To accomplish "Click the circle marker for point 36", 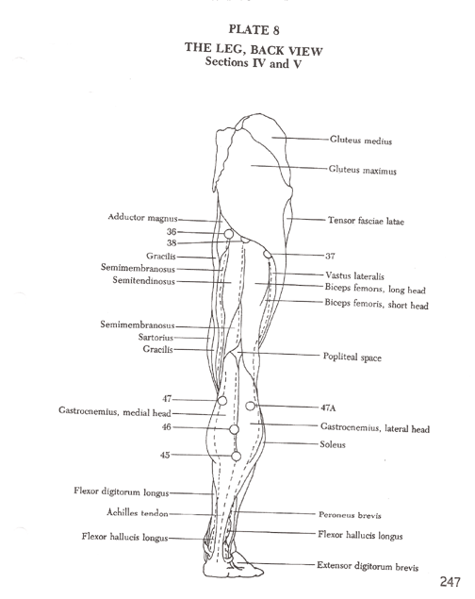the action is click(x=228, y=234).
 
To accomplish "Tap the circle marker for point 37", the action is click(x=267, y=254).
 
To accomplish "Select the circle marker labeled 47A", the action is click(x=250, y=406).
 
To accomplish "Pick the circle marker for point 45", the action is click(x=237, y=457).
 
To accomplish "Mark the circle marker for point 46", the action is click(x=235, y=429).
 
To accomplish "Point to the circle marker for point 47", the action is click(x=222, y=401).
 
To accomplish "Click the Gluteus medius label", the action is click(x=361, y=141).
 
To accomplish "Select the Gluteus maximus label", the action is click(x=363, y=170).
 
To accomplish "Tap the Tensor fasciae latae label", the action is click(x=366, y=221).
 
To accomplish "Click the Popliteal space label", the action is click(x=352, y=357).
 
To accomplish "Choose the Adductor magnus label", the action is click(x=142, y=217).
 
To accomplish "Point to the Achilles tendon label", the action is click(x=138, y=512).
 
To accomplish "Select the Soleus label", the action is click(x=333, y=444).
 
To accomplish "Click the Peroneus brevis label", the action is click(x=350, y=515).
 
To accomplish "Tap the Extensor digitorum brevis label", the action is click(x=368, y=566).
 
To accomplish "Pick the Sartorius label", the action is click(x=156, y=338).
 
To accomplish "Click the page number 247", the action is click(x=450, y=582).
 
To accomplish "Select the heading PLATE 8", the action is click(x=254, y=30).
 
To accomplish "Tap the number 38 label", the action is click(x=172, y=243).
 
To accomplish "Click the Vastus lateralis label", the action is click(x=354, y=275).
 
